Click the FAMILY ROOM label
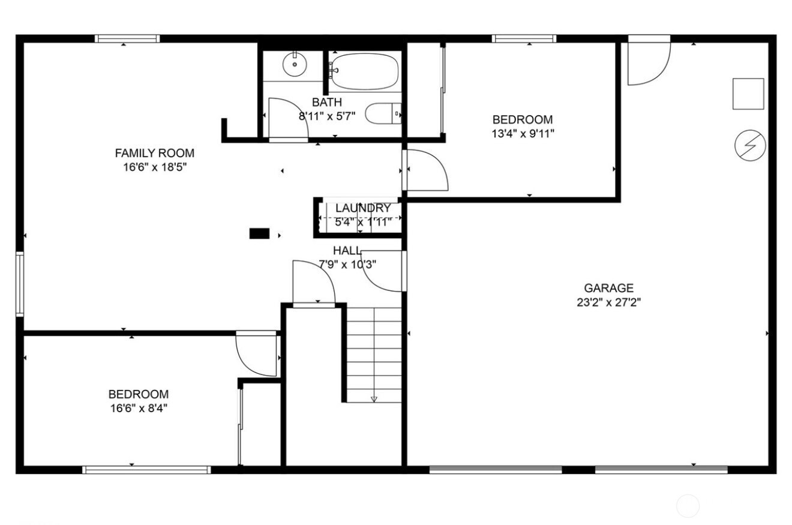pyautogui.click(x=155, y=153)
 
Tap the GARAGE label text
pyautogui.click(x=608, y=288)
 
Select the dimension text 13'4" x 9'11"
pyautogui.click(x=523, y=134)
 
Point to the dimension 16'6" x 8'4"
pyautogui.click(x=139, y=409)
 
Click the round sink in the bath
pyautogui.click(x=295, y=64)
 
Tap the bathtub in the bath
pyautogui.click(x=364, y=72)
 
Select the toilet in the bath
pyautogui.click(x=383, y=113)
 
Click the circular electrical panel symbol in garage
pyautogui.click(x=750, y=145)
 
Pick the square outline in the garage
pyautogui.click(x=748, y=94)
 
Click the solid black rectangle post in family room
pyautogui.click(x=260, y=233)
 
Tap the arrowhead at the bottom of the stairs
pyautogui.click(x=374, y=400)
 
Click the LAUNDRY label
pyautogui.click(x=363, y=208)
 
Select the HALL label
pyautogui.click(x=347, y=251)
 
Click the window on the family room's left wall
pyautogui.click(x=20, y=284)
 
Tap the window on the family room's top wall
pyautogui.click(x=127, y=38)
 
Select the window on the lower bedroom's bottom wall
pyautogui.click(x=147, y=470)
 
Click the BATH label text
pyautogui.click(x=327, y=102)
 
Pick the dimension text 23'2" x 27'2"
pyautogui.click(x=608, y=302)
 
